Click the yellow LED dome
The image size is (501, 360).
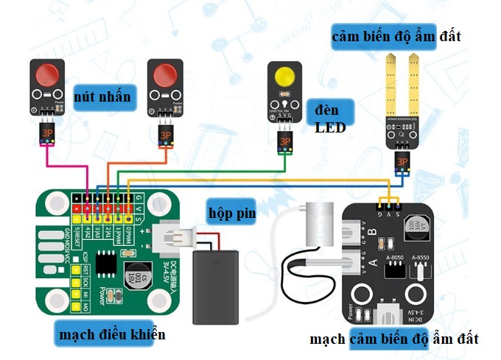(x=284, y=79)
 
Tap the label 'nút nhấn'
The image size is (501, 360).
(x=104, y=96)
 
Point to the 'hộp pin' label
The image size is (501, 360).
(x=230, y=213)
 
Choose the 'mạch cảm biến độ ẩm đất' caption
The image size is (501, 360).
(x=393, y=339)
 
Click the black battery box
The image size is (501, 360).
(x=217, y=287)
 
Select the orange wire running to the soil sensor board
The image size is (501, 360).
(x=258, y=181)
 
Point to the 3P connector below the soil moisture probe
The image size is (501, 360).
(x=402, y=161)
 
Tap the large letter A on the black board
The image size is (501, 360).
(x=372, y=262)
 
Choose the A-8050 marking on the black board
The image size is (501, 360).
(x=396, y=256)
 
